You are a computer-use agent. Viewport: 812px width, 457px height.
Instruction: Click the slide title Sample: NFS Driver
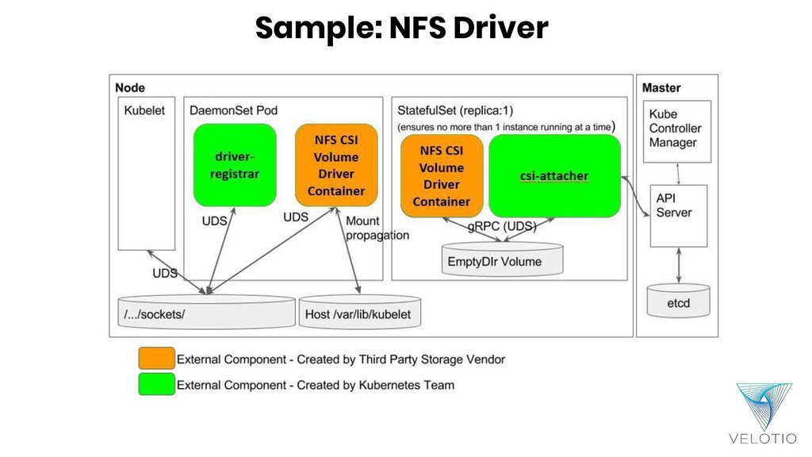401,29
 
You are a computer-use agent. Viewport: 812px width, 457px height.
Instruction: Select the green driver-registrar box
234,165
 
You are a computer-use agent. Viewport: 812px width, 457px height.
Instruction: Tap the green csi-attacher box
554,175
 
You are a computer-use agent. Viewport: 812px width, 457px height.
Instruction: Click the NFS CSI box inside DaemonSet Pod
336,165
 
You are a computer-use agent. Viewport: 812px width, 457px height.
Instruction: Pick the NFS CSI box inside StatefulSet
442,175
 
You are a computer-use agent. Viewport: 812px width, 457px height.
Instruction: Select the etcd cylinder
678,302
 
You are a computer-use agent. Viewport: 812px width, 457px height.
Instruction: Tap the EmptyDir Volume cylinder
501,261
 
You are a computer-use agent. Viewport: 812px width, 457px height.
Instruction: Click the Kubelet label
144,111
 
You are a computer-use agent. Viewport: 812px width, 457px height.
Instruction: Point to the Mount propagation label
377,228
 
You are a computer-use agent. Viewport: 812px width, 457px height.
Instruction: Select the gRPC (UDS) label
500,226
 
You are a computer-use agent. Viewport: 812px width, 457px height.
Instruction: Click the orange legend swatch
155,359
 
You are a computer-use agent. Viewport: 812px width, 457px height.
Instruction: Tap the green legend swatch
155,385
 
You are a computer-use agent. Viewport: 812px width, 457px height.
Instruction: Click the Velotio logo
764,413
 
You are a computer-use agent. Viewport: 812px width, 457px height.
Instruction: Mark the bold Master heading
661,88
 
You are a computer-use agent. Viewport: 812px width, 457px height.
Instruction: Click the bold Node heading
130,88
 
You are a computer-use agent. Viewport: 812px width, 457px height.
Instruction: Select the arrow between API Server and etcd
678,265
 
